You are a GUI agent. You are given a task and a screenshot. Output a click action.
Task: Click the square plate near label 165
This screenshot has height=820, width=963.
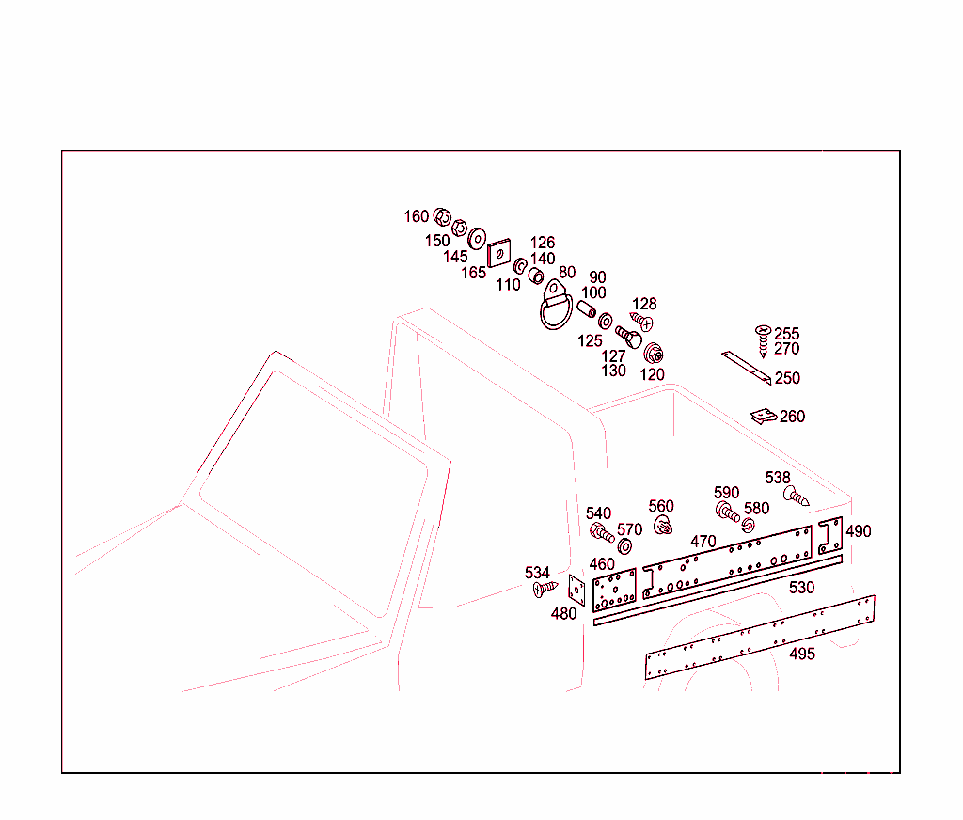(x=498, y=252)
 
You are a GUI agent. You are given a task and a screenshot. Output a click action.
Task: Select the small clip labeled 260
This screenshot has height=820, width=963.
(x=764, y=417)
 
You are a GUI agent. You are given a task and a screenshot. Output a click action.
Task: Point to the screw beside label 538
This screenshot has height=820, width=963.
(x=796, y=496)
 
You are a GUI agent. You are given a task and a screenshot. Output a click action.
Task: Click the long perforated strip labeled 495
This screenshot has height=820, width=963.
(x=760, y=637)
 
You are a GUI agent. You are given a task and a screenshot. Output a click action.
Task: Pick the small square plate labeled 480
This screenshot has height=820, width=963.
(x=576, y=590)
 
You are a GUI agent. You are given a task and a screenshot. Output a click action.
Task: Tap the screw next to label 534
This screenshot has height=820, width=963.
(x=545, y=589)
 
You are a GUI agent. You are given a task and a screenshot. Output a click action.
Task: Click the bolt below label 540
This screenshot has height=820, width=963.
(x=601, y=532)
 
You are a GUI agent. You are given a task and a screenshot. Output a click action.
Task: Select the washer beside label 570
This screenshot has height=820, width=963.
(x=624, y=545)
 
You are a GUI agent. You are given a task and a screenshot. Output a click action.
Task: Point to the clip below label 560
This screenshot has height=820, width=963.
(x=663, y=525)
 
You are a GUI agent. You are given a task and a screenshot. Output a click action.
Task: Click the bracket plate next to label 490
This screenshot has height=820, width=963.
(x=829, y=536)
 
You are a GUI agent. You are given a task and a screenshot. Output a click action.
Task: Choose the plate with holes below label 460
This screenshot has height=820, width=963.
(x=614, y=591)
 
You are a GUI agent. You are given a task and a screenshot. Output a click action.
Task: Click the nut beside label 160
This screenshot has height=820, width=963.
(x=442, y=217)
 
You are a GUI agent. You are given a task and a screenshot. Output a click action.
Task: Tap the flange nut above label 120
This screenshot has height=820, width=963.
(x=653, y=354)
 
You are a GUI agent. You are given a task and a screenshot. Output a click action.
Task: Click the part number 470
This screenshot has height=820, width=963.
(x=703, y=541)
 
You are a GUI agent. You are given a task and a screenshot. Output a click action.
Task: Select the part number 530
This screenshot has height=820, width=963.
(x=801, y=587)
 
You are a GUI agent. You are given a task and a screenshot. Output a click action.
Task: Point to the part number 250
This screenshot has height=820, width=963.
(x=787, y=378)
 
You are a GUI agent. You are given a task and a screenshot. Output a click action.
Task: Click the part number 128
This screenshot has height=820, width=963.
(x=644, y=304)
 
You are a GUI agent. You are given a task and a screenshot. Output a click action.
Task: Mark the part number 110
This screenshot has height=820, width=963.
(x=508, y=285)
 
